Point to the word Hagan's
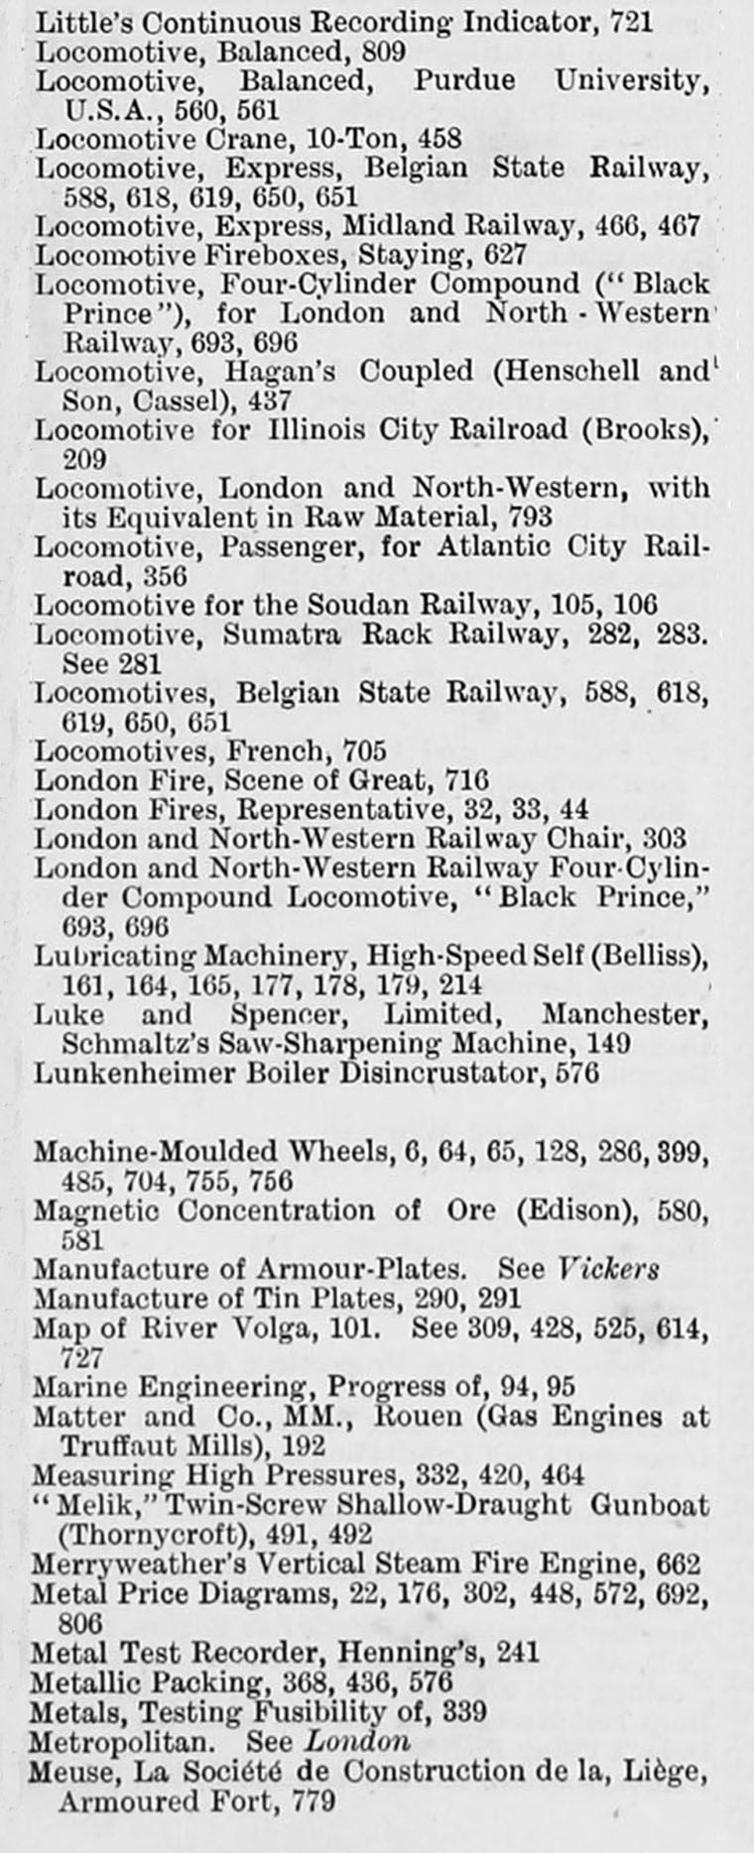(281, 372)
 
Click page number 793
(530, 517)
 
